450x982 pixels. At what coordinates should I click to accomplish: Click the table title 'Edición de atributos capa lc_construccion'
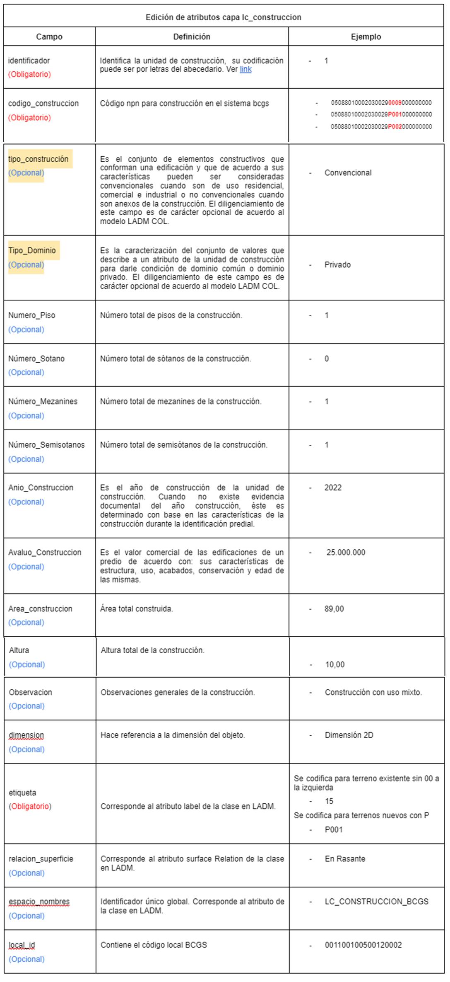click(223, 17)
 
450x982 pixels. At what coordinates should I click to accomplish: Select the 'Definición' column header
click(191, 37)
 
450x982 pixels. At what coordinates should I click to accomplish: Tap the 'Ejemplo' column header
click(366, 37)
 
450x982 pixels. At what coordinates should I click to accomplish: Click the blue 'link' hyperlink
click(245, 69)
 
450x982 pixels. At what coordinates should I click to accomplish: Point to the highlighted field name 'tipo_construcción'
click(38, 159)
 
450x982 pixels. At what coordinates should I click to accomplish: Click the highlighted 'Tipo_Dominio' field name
click(32, 250)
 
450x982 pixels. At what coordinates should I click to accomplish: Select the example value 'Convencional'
click(348, 173)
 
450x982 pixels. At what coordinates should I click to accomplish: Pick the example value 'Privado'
click(337, 265)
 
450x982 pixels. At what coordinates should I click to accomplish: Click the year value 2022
click(333, 487)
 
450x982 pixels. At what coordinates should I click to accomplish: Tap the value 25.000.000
click(346, 553)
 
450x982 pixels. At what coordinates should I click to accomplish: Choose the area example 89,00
click(334, 609)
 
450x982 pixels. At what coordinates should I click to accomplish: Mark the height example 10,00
click(334, 664)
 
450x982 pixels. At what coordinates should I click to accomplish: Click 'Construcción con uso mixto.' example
click(373, 692)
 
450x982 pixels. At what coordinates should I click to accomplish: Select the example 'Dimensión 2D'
click(349, 735)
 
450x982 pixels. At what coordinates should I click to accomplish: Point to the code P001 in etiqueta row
click(334, 829)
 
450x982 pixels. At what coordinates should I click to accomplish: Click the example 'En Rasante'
click(345, 859)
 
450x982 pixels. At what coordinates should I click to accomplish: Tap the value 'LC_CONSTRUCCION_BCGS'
click(376, 902)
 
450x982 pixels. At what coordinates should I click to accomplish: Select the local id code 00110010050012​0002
click(363, 945)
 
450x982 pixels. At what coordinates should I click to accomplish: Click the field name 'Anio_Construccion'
click(41, 487)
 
